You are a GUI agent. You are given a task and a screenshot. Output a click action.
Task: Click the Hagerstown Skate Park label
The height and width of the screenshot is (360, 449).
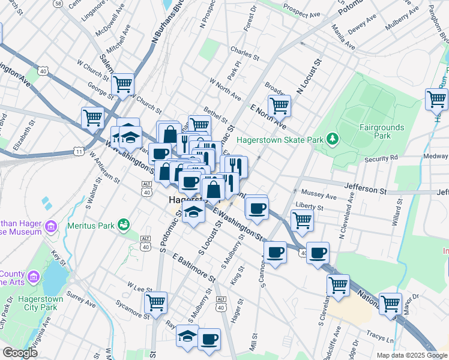pyautogui.click(x=280, y=140)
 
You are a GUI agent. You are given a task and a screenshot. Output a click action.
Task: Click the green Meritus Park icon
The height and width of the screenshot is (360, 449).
pyautogui.click(x=124, y=224)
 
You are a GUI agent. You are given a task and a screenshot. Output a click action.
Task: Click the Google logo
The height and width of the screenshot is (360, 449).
pyautogui.click(x=19, y=352)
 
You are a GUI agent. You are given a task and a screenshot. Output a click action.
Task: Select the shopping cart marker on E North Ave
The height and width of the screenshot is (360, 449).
pyautogui.click(x=279, y=105)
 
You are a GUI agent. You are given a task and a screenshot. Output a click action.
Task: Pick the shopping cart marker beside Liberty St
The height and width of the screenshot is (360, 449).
pyautogui.click(x=302, y=220)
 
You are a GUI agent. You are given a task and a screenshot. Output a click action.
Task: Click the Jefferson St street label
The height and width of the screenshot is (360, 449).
pyautogui.click(x=364, y=190)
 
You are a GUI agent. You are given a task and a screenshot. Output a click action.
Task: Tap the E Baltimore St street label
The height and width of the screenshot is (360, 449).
pyautogui.click(x=193, y=268)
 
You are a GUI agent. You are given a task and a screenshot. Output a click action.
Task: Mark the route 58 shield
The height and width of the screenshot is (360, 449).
pyautogui.click(x=58, y=4)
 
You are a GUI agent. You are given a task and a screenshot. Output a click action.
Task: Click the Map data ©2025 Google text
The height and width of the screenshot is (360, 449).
pyautogui.click(x=411, y=355)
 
